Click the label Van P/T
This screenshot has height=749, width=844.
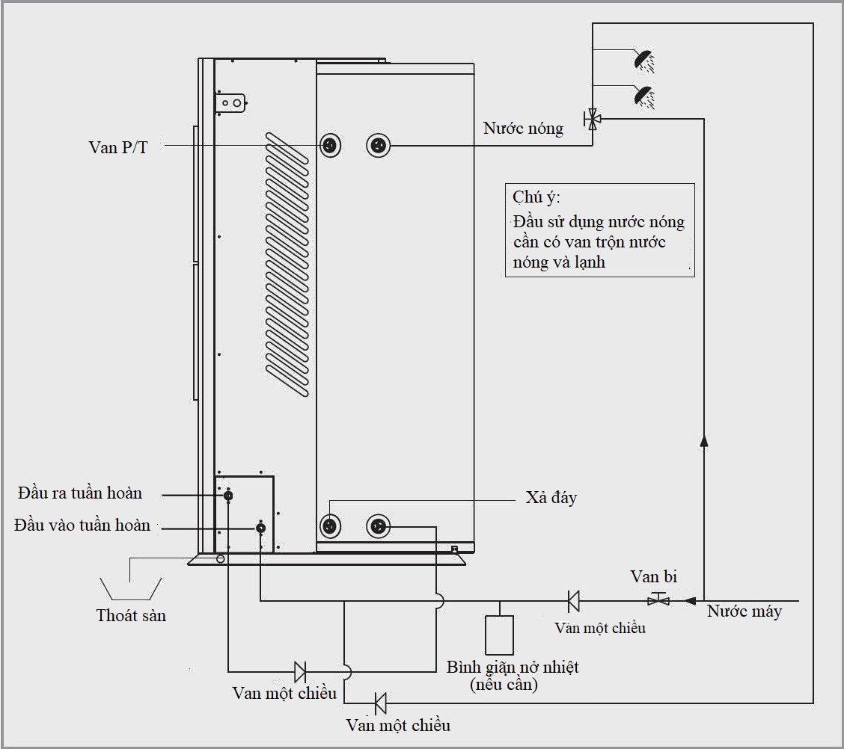118,147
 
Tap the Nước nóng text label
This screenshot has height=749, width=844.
523,129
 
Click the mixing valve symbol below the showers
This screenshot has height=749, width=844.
593,118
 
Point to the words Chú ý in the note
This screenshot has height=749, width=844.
536,198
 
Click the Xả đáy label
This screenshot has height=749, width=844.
551,497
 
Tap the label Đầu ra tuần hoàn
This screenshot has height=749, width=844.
80,493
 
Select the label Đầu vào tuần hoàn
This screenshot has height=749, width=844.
82,525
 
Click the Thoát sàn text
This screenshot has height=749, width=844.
131,616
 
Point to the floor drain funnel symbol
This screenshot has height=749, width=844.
131,588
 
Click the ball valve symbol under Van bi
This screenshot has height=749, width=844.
658,599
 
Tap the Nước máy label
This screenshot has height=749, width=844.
744,611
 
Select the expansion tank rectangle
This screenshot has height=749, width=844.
499,635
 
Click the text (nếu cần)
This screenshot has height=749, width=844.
504,684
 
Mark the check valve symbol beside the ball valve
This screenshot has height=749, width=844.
573,599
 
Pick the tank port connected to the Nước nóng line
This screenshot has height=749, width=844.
379,145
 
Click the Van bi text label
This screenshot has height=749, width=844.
654,577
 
